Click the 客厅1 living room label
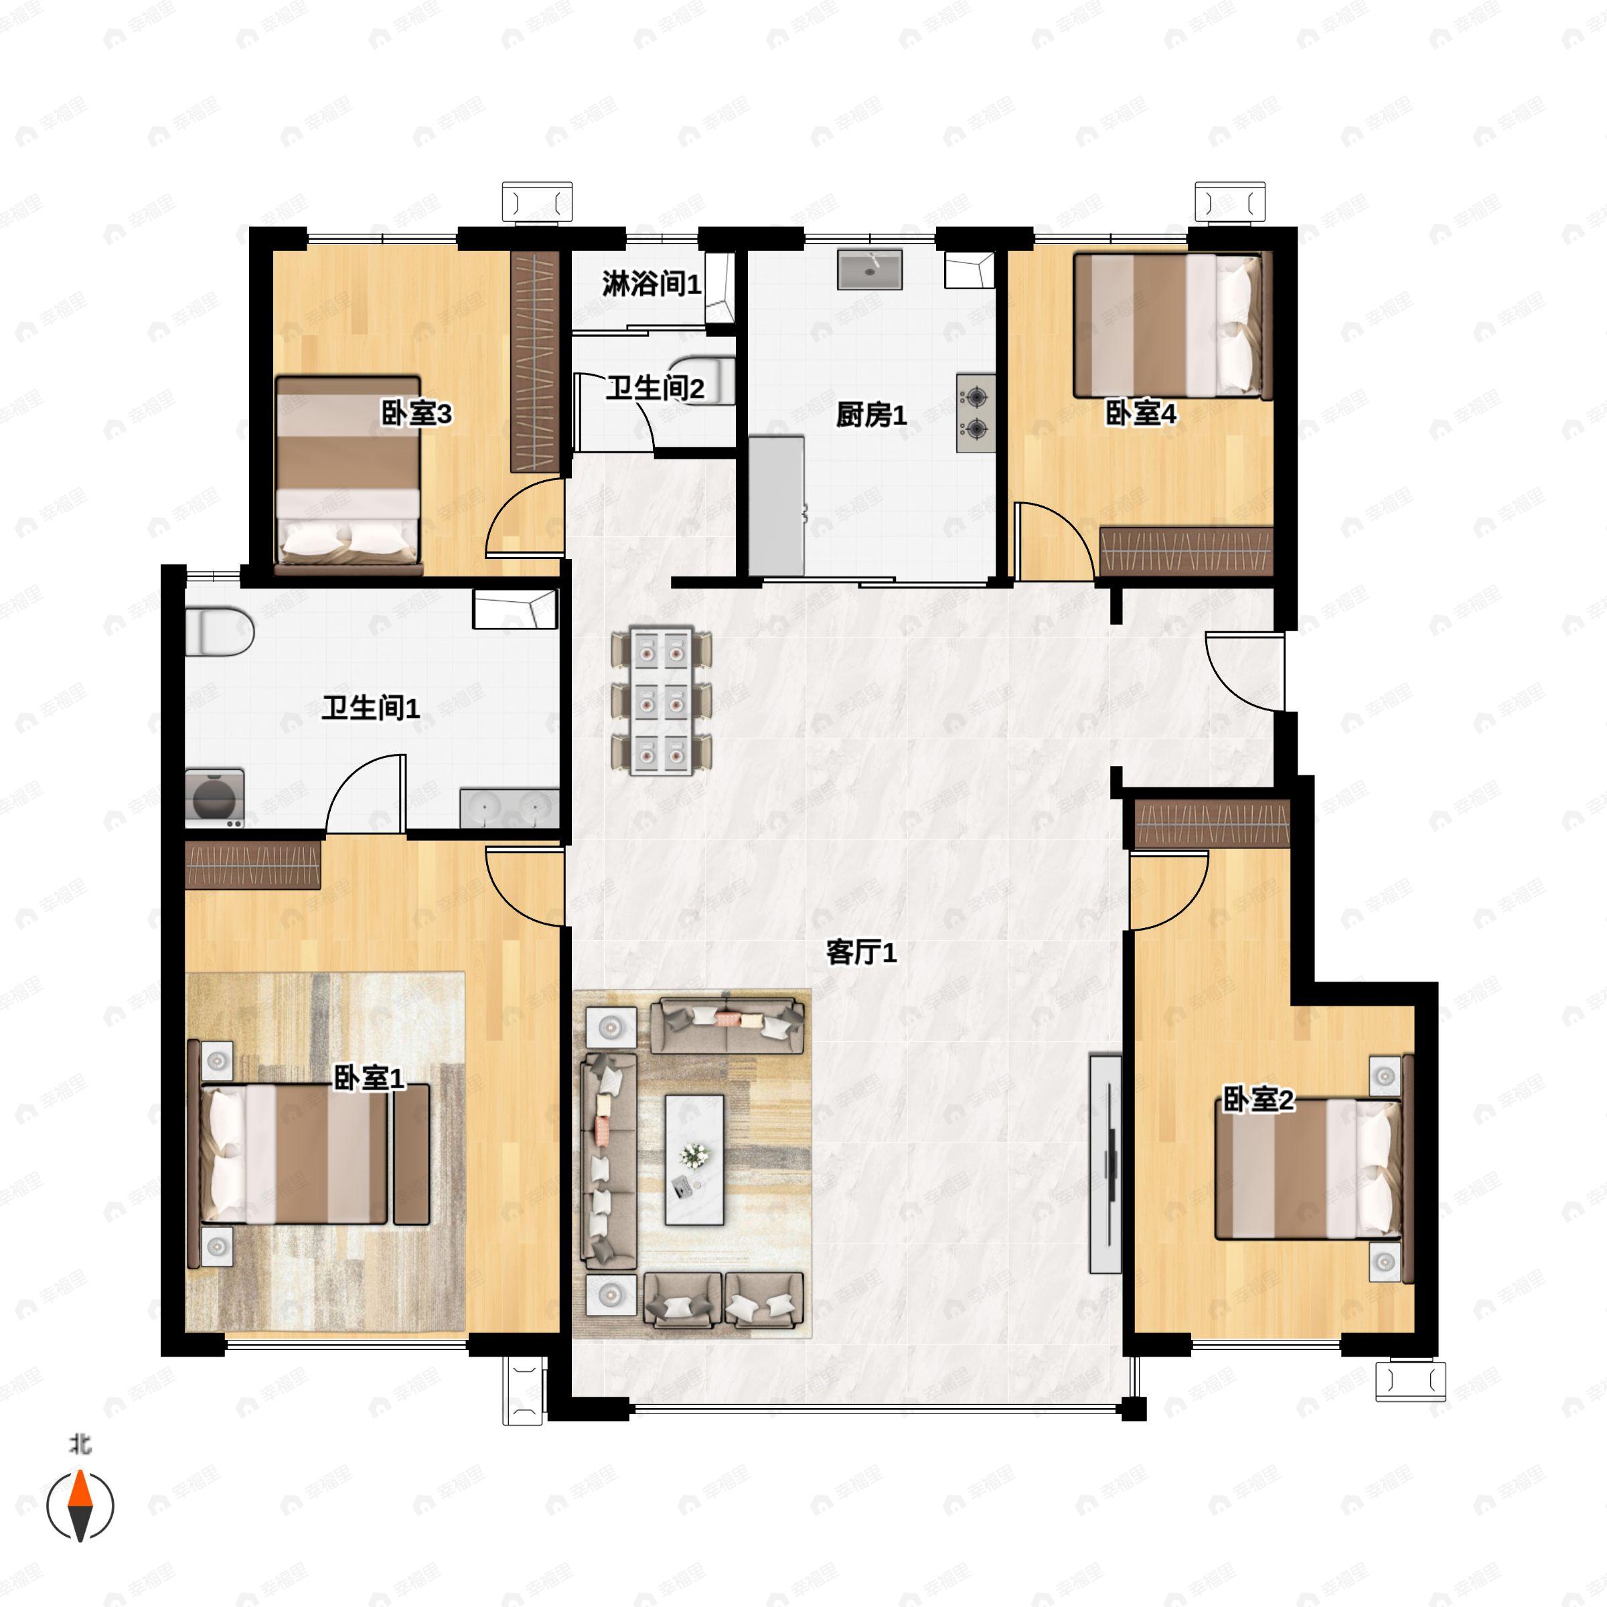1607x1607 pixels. coord(861,952)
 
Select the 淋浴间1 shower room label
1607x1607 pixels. coord(652,285)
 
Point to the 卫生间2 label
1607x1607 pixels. coord(655,388)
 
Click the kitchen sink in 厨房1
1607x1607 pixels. coord(869,269)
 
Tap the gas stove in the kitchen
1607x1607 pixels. coord(976,413)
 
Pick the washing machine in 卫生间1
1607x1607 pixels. coord(214,797)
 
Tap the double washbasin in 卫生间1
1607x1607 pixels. coord(509,808)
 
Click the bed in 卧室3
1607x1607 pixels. coord(348,475)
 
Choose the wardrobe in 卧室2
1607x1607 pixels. coord(1212,824)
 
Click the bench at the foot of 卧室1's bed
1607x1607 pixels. coord(411,1154)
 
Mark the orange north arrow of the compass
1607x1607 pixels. coord(80,1489)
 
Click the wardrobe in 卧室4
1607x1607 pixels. coord(1186,550)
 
